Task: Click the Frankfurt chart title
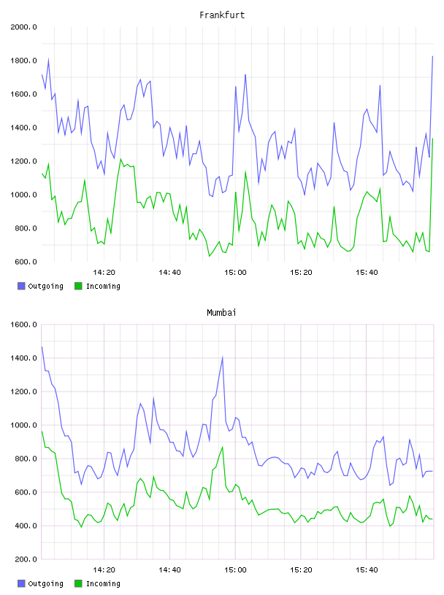click(222, 15)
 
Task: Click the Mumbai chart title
click(221, 312)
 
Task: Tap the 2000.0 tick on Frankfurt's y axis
click(23, 27)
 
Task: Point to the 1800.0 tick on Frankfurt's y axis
click(23, 61)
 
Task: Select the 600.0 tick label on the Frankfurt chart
click(26, 262)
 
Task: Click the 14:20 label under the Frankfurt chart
click(104, 272)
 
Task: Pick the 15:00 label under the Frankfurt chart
click(235, 272)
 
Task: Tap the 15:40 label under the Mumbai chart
click(367, 569)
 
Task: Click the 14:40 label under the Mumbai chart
click(169, 569)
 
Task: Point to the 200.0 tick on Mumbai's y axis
click(26, 559)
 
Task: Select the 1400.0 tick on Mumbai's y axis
click(23, 358)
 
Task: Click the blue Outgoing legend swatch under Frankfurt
click(21, 286)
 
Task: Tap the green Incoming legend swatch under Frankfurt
click(78, 286)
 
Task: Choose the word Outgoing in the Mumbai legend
click(45, 583)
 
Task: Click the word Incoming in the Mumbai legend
click(103, 583)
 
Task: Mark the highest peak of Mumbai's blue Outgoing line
click(223, 357)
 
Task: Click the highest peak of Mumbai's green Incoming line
click(223, 447)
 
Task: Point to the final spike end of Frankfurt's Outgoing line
click(432, 56)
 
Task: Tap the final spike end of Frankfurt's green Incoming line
click(432, 139)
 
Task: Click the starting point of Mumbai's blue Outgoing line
click(42, 347)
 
